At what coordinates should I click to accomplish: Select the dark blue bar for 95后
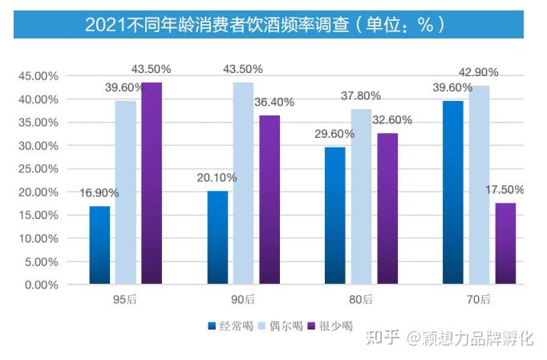pyautogui.click(x=99, y=245)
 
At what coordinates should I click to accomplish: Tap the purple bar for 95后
pyautogui.click(x=152, y=184)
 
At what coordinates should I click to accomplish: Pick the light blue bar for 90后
pyautogui.click(x=243, y=184)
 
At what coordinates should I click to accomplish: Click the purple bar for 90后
pyautogui.click(x=269, y=200)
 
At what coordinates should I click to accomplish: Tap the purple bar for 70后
pyautogui.click(x=505, y=244)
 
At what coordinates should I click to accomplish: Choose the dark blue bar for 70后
pyautogui.click(x=453, y=192)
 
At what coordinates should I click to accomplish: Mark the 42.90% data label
pyautogui.click(x=479, y=73)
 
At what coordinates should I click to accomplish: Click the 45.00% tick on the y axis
pyautogui.click(x=38, y=76)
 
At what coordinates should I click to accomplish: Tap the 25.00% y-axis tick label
pyautogui.click(x=38, y=169)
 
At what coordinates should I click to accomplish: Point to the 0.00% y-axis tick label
pyautogui.click(x=40, y=285)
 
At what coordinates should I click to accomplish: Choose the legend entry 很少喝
pyautogui.click(x=334, y=326)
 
